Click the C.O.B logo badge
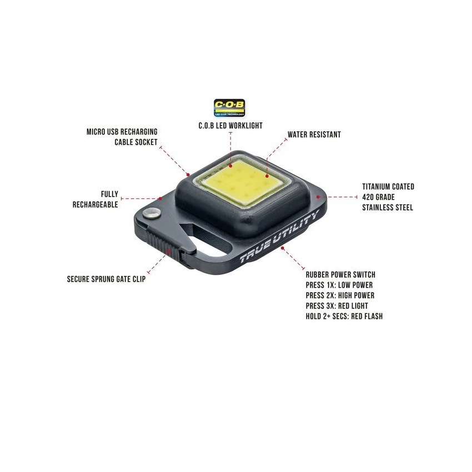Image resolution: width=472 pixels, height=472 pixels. tap(229, 108)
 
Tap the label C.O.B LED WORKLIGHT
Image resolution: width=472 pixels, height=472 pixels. tap(230, 126)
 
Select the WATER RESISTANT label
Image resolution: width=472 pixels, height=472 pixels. tap(314, 134)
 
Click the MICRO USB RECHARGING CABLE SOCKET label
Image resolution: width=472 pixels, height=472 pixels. tap(122, 137)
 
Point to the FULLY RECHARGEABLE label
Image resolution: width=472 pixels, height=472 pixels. tap(96, 199)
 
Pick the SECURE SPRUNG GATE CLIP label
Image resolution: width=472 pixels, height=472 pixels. tap(106, 279)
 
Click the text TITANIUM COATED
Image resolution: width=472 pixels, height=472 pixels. tap(388, 187)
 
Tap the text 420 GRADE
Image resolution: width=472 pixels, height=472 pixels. tap(378, 197)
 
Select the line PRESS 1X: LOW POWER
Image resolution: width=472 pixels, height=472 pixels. tap(339, 285)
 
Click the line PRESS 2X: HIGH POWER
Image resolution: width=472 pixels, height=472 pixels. tap(340, 295)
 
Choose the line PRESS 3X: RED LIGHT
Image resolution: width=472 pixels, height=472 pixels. tap(337, 306)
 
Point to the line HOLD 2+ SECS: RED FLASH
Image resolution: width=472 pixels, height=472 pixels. tap(344, 317)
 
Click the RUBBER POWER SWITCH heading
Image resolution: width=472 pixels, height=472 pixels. tap(341, 274)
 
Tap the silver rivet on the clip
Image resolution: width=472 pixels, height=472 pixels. tap(151, 213)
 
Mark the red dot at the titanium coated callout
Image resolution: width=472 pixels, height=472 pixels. tap(318, 197)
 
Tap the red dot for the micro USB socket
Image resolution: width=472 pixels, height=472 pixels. tap(188, 174)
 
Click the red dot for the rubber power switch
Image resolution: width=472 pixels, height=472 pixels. tap(282, 248)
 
